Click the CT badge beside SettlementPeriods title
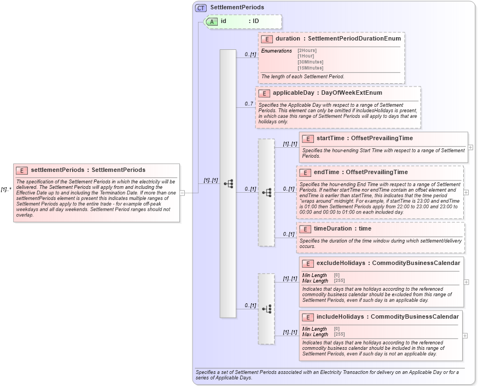pos(201,8)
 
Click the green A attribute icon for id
pos(211,21)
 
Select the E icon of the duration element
pos(267,39)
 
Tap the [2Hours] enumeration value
pos(307,51)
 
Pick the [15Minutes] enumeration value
pos(310,68)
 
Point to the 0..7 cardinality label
pos(249,104)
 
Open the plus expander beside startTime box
pos(470,148)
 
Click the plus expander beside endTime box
pos(466,192)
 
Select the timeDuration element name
pos(332,229)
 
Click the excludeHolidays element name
pos(340,263)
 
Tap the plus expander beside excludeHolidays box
pos(466,282)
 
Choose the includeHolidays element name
pos(339,316)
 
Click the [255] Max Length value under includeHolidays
pos(339,335)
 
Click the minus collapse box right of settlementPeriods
pos(182,193)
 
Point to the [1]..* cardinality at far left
pos(6,189)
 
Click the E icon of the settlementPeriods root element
pos(22,170)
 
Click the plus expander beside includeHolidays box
pos(465,336)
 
